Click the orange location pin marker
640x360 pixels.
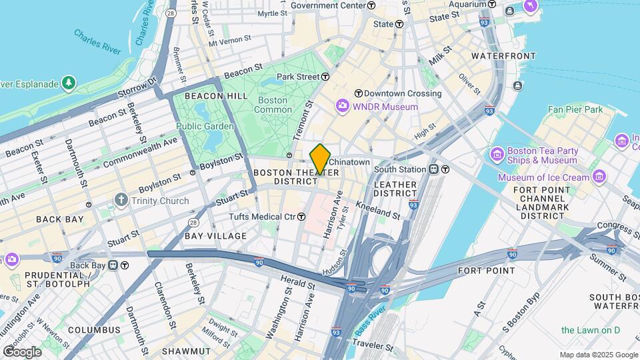pos(320,159)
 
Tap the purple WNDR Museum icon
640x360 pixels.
pos(343,106)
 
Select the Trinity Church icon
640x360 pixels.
pos(121,199)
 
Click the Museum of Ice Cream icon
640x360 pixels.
pos(599,177)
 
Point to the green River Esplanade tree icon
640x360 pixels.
pos(68,83)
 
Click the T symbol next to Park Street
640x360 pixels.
pos(326,77)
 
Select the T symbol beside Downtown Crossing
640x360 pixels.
pos(358,93)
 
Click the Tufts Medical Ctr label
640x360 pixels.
pos(262,217)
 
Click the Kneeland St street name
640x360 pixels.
pos(377,211)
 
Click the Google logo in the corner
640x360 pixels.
pos(21,351)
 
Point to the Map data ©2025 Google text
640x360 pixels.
pos(598,355)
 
